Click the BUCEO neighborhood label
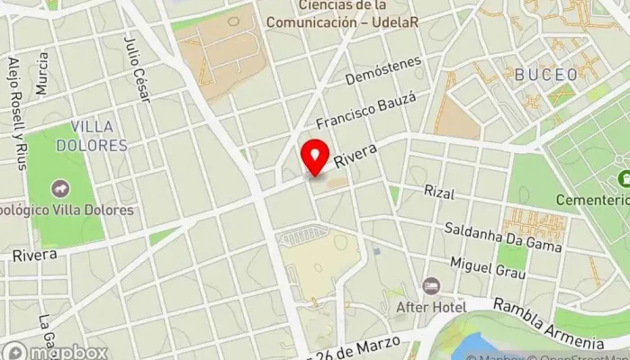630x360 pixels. [x=546, y=75]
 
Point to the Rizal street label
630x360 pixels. [x=440, y=193]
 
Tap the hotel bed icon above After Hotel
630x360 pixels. [x=432, y=285]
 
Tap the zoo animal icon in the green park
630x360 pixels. [x=60, y=189]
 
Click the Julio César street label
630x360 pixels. [x=135, y=63]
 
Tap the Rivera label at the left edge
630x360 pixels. [x=34, y=255]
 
